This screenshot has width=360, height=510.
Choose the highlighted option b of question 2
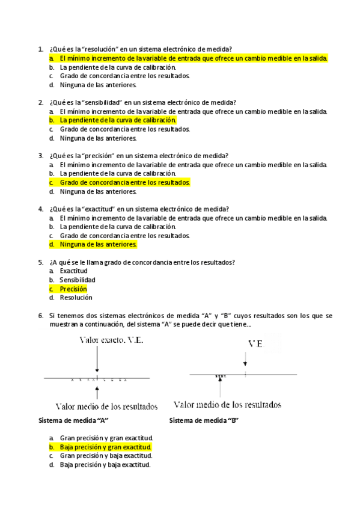pos(117,120)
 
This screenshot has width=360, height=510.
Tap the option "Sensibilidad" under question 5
pos(78,280)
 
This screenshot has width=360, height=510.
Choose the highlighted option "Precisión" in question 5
pos(73,289)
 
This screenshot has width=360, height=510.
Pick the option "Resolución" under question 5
pos(76,297)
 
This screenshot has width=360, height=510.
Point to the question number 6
pos(40,315)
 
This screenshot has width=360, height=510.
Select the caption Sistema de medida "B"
pos(204,420)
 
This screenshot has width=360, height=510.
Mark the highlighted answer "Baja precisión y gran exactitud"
pos(105,447)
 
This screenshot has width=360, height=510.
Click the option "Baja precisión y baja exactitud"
pos(105,464)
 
